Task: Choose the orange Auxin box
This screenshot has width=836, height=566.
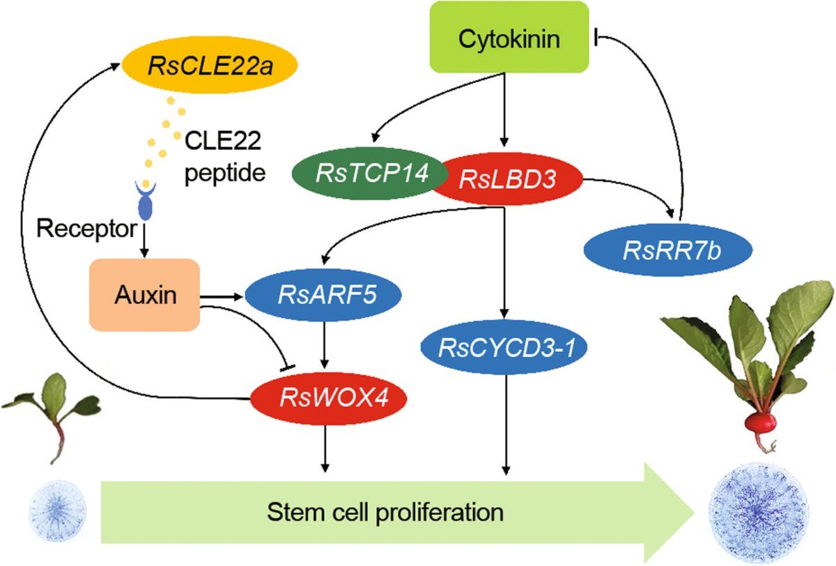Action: coord(144,294)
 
